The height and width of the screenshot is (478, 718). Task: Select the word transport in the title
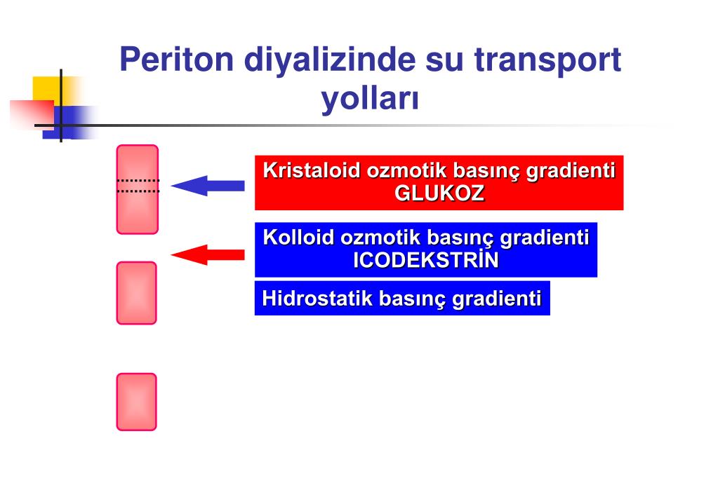tap(547, 60)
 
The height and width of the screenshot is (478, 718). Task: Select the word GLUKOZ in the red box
tap(439, 194)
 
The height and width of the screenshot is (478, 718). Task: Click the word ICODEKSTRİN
tap(425, 261)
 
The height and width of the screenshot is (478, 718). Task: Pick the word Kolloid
tap(298, 238)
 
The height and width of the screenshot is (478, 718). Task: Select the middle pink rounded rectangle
tap(136, 293)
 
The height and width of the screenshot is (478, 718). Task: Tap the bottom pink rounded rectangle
tap(136, 402)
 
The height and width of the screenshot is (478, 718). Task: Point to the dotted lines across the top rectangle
tap(138, 186)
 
